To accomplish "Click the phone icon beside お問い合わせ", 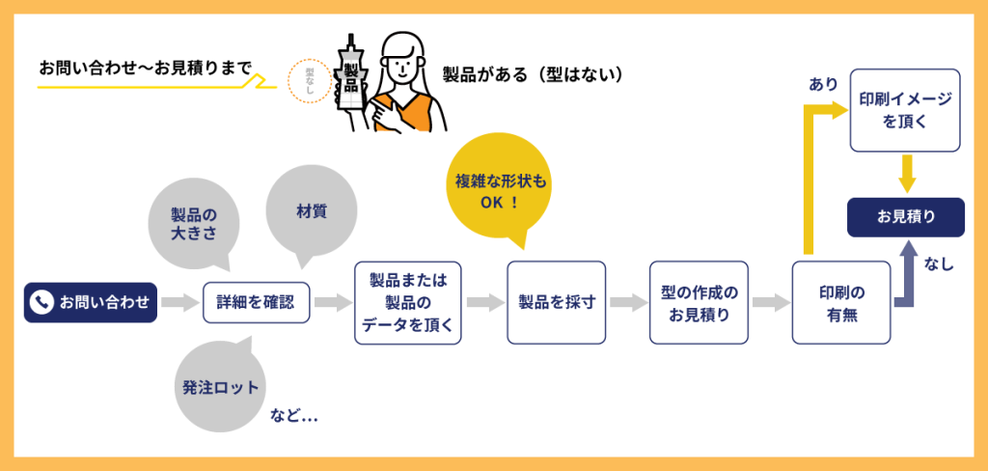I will pyautogui.click(x=41, y=302).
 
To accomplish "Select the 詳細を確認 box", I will pyautogui.click(x=258, y=302).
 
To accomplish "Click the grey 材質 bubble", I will pyautogui.click(x=311, y=210).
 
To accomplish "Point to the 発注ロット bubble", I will pyautogui.click(x=221, y=388).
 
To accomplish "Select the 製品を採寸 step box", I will pyautogui.click(x=557, y=302).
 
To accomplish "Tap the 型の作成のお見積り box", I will pyautogui.click(x=699, y=302).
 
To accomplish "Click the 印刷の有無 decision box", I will pyautogui.click(x=841, y=302).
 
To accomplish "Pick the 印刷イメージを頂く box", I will pyautogui.click(x=904, y=110).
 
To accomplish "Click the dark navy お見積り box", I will pyautogui.click(x=905, y=217).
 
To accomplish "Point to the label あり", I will pyautogui.click(x=822, y=85).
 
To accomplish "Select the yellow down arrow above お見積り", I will pyautogui.click(x=905, y=173).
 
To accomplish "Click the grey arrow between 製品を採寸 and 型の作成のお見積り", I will pyautogui.click(x=628, y=302).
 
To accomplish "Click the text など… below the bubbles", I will pyautogui.click(x=294, y=416).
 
